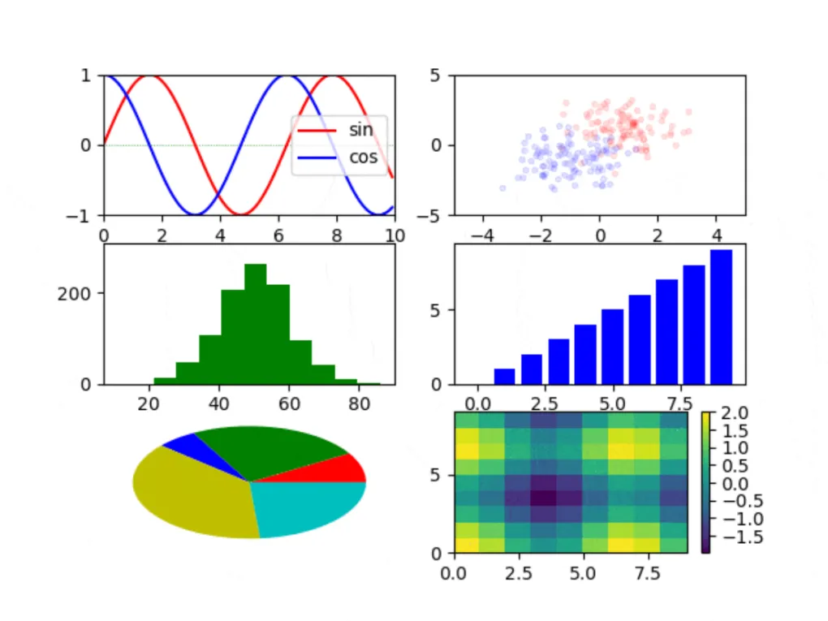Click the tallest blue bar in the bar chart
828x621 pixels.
(721, 317)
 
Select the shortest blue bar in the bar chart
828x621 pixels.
(504, 376)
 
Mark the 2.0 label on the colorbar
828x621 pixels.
(733, 414)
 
